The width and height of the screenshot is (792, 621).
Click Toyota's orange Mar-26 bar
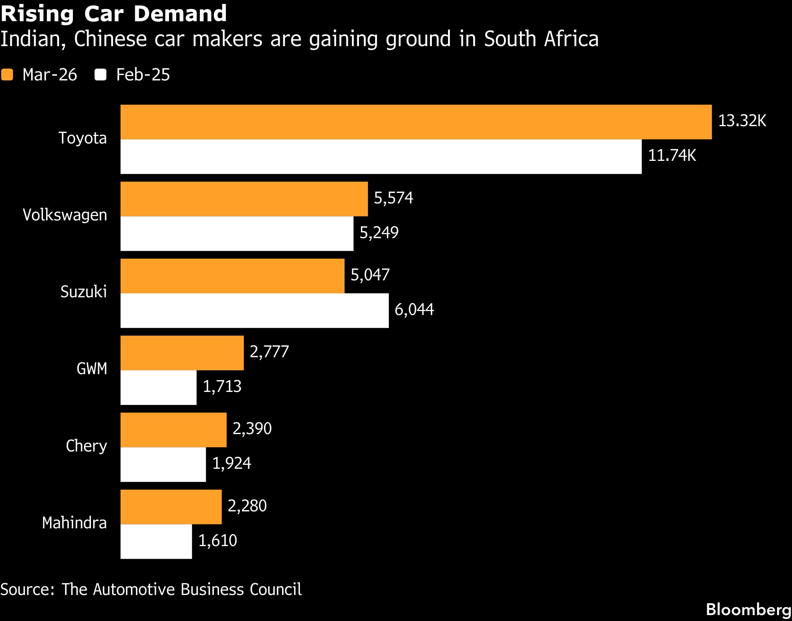pyautogui.click(x=416, y=122)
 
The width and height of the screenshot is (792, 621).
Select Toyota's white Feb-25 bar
pyautogui.click(x=381, y=157)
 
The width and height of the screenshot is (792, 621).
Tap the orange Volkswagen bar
pyautogui.click(x=244, y=199)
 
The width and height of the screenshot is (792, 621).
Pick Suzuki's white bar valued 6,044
pyautogui.click(x=255, y=311)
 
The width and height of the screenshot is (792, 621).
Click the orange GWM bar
pyautogui.click(x=182, y=353)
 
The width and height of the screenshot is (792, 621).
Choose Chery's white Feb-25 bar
pyautogui.click(x=163, y=464)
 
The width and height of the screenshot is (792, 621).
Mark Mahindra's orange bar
pyautogui.click(x=171, y=507)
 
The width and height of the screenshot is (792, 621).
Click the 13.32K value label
pyautogui.click(x=742, y=121)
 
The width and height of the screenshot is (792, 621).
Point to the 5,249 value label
pyautogui.click(x=379, y=233)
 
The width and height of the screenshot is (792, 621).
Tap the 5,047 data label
pyautogui.click(x=370, y=275)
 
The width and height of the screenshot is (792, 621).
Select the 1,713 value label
pyautogui.click(x=222, y=386)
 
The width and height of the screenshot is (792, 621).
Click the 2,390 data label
pyautogui.click(x=252, y=429)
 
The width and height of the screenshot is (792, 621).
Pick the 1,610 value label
pyautogui.click(x=218, y=541)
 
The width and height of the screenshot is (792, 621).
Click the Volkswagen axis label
pyautogui.click(x=65, y=215)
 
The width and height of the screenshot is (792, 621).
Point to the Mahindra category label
pyautogui.click(x=74, y=523)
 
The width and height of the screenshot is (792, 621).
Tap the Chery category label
pyautogui.click(x=86, y=446)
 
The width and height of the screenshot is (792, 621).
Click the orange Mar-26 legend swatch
pyautogui.click(x=7, y=75)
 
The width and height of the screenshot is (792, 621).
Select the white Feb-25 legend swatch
pyautogui.click(x=100, y=75)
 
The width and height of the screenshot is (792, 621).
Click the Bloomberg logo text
pyautogui.click(x=748, y=610)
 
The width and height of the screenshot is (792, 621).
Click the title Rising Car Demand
pyautogui.click(x=113, y=13)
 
